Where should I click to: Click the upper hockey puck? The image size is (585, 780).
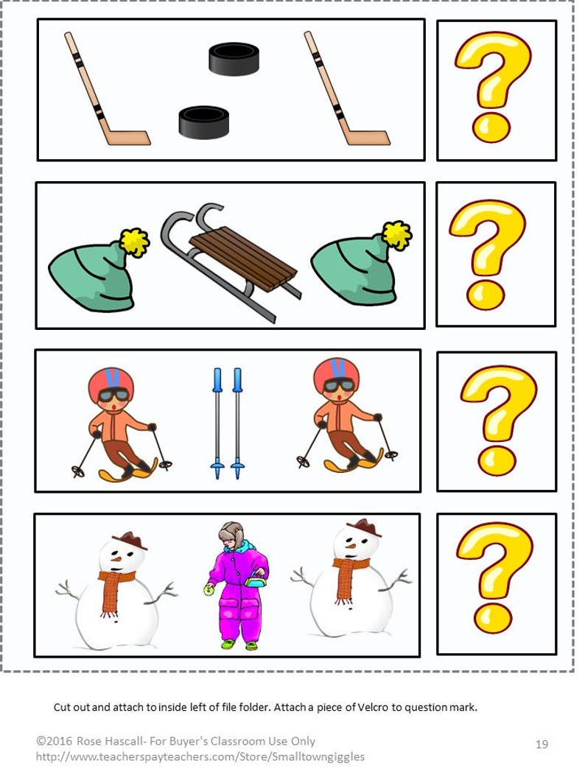[234, 59]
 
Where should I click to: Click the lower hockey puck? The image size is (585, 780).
[203, 122]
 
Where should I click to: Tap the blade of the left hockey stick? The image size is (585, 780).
[128, 138]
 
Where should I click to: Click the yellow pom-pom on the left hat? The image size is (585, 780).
[135, 242]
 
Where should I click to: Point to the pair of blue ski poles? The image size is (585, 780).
[227, 423]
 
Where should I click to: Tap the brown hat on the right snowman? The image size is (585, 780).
[364, 528]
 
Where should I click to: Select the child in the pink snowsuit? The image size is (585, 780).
[237, 586]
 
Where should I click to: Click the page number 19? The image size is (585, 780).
[542, 745]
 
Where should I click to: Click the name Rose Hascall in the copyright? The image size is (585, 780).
[102, 741]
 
